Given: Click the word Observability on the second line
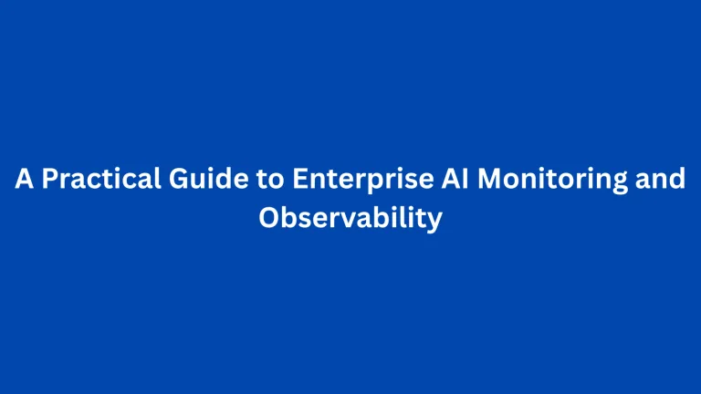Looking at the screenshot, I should [x=350, y=220].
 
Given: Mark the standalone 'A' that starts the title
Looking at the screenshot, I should [x=24, y=180].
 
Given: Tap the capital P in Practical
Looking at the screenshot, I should [x=49, y=180].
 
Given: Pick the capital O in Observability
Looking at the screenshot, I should [x=270, y=220].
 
